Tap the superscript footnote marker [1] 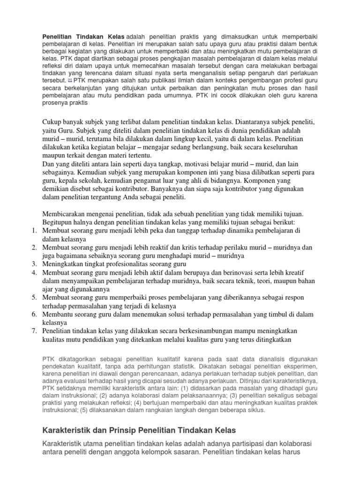click(x=70, y=79)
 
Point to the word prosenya click(x=56, y=102)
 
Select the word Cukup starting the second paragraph click(x=52, y=122)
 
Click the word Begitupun click(x=59, y=222)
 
